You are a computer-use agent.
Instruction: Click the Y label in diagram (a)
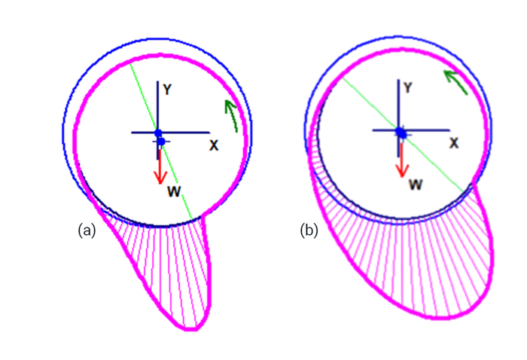coord(169,89)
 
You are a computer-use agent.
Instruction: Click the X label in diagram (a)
coord(213,145)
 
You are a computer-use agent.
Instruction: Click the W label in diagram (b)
coord(413,183)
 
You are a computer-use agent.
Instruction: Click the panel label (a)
coord(86,230)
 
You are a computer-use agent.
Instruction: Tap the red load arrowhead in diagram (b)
coord(401,170)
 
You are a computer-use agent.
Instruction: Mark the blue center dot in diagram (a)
coord(160,134)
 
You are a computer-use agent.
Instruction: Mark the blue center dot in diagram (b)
coord(401,133)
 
